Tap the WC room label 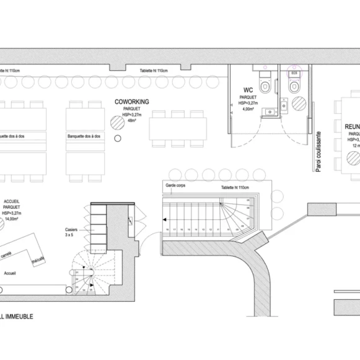click(248, 91)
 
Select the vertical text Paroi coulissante click(318, 152)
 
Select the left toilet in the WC click(265, 85)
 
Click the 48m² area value click(131, 121)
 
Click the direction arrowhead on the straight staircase click(166, 219)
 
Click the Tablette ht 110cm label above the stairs click(235, 187)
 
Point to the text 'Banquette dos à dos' click(84, 136)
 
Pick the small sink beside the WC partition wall click(270, 111)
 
